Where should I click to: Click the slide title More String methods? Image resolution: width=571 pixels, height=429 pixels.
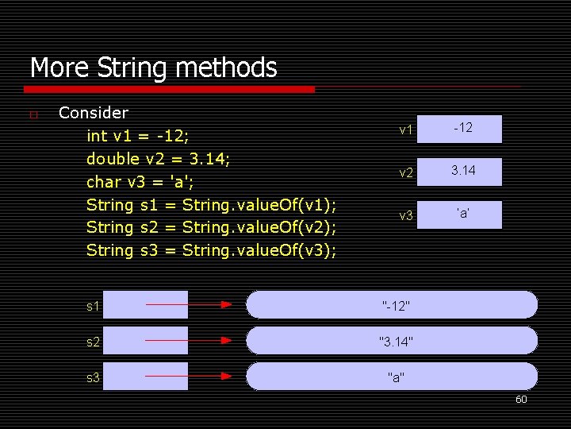pyautogui.click(x=153, y=68)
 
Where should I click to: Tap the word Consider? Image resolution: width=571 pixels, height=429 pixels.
pyautogui.click(x=94, y=113)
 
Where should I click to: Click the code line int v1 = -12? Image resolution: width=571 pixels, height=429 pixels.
pyautogui.click(x=148, y=136)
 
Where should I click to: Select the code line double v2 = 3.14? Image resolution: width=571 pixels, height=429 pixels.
pyautogui.click(x=159, y=159)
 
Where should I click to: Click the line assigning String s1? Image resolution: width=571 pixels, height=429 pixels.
pyautogui.click(x=211, y=205)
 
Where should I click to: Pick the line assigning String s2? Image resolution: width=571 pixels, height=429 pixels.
pyautogui.click(x=211, y=228)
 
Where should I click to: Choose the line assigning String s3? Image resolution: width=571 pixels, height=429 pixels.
pyautogui.click(x=211, y=251)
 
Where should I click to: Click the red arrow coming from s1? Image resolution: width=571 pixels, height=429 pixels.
pyautogui.click(x=189, y=304)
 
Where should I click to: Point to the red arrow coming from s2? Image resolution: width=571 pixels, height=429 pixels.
pyautogui.click(x=189, y=340)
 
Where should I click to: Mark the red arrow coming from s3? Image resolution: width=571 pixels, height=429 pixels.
pyautogui.click(x=189, y=376)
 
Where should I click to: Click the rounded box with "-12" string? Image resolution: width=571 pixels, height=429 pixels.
pyautogui.click(x=392, y=304)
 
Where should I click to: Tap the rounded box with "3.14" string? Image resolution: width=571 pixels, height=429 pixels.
pyautogui.click(x=392, y=341)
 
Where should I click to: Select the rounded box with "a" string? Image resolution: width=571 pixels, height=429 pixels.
pyautogui.click(x=392, y=377)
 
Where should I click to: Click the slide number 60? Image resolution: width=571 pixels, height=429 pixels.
pyautogui.click(x=521, y=400)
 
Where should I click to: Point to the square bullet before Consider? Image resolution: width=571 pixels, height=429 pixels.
pyautogui.click(x=33, y=115)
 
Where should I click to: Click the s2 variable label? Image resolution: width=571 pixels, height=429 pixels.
pyautogui.click(x=94, y=341)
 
